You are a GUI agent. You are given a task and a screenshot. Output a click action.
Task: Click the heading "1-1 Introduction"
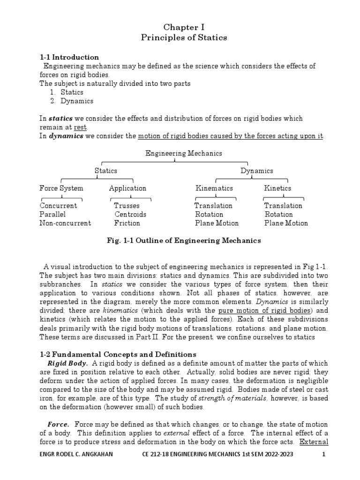click(x=69, y=57)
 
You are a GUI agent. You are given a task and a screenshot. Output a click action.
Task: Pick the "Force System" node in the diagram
click(x=61, y=188)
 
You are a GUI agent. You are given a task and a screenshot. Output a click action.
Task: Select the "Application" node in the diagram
click(x=127, y=188)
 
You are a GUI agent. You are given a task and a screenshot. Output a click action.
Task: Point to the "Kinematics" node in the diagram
click(x=214, y=188)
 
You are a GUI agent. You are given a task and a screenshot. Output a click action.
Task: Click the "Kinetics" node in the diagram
click(x=277, y=188)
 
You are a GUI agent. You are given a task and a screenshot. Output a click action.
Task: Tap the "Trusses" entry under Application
click(x=127, y=206)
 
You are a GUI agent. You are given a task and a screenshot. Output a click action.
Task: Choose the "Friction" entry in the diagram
click(x=127, y=223)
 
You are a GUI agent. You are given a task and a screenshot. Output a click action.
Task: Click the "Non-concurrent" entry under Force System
click(x=65, y=223)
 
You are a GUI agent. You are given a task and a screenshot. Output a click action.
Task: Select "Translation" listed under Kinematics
click(x=213, y=206)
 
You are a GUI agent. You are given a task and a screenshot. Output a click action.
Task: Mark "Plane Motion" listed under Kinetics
click(x=286, y=223)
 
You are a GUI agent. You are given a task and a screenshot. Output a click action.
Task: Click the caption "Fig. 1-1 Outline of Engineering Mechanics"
click(x=184, y=241)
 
